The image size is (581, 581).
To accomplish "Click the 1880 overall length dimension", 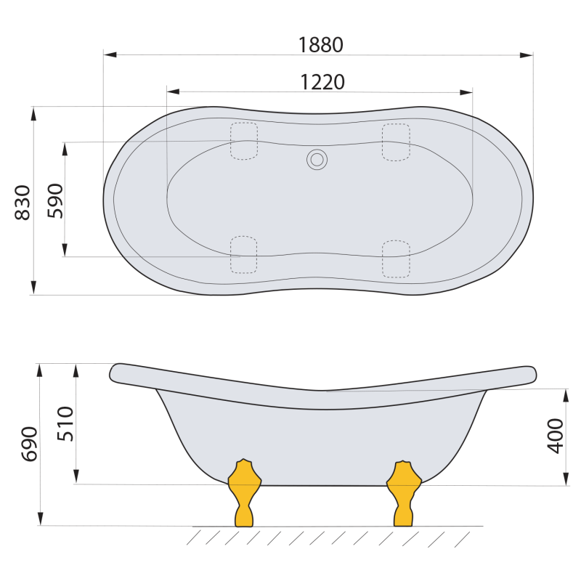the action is (321, 45).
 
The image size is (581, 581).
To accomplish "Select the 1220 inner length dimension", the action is (322, 82).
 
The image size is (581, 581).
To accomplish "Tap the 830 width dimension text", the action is (23, 203).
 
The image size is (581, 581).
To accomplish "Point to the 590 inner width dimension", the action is (56, 200).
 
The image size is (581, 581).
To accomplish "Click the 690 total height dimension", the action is (29, 444).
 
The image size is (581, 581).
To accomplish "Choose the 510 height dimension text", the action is (65, 423).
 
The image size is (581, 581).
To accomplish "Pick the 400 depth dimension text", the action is (555, 436).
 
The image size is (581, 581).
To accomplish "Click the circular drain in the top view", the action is (317, 160).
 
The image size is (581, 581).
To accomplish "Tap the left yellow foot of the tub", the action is (244, 493).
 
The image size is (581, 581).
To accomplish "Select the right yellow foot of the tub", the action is (404, 494).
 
